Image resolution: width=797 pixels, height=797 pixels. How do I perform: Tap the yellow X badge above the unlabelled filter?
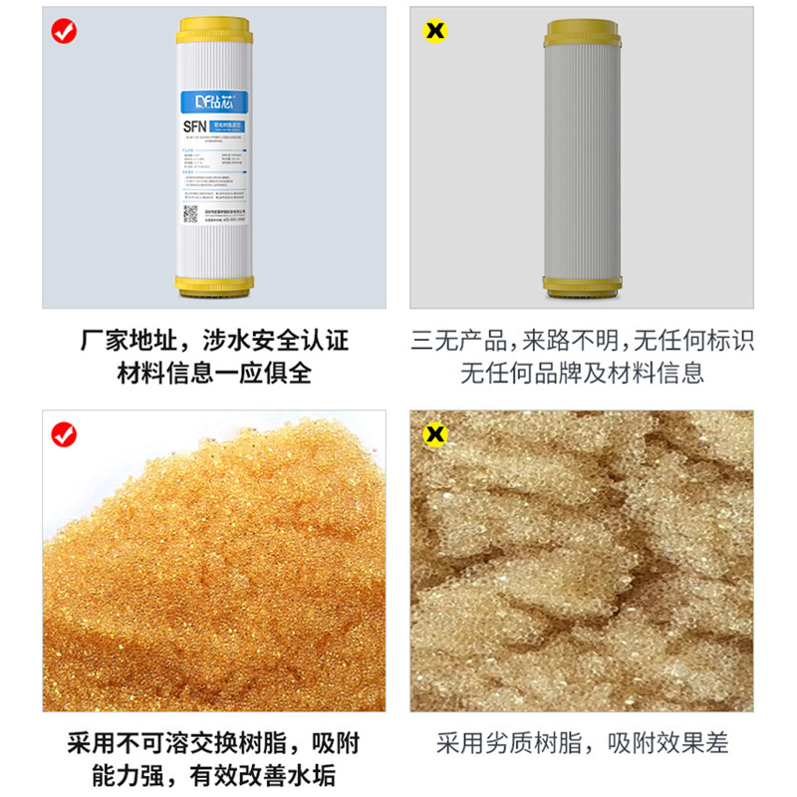(x=435, y=31)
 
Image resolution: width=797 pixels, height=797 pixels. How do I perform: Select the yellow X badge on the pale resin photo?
(x=435, y=434)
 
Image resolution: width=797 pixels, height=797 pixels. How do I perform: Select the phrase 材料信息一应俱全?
(x=214, y=374)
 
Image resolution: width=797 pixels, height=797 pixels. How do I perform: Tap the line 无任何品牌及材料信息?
(x=582, y=374)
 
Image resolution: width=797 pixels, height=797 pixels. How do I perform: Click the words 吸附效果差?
(x=668, y=743)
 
